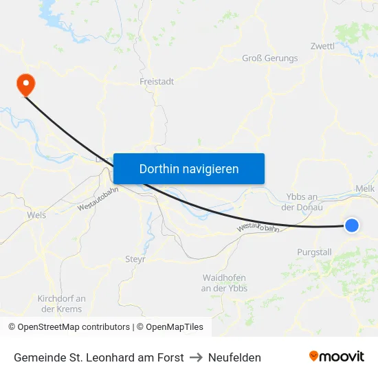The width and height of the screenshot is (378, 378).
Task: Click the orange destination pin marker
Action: [26, 85]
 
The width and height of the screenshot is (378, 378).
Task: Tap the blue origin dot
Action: [351, 225]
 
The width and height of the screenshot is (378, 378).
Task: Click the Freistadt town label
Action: [157, 81]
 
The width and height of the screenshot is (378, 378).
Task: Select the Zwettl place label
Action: [322, 46]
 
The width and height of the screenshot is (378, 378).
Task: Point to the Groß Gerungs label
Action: [270, 58]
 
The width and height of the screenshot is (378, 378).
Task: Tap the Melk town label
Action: [365, 188]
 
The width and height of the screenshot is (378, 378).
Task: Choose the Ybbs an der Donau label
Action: [302, 202]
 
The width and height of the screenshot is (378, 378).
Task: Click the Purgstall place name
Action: [314, 252]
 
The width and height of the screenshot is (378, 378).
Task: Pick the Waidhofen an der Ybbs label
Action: [225, 283]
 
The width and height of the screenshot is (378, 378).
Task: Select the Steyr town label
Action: [135, 259]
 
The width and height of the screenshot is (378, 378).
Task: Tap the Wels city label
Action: [36, 215]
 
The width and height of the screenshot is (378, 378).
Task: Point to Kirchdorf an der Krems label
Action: [62, 304]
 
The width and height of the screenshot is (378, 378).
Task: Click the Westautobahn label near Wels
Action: [93, 200]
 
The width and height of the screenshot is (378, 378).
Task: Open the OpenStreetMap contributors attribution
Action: [69, 327]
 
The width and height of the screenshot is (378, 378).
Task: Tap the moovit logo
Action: [337, 357]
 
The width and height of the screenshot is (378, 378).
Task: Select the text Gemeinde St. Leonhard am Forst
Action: [99, 357]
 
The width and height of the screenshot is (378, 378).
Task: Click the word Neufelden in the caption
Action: [234, 357]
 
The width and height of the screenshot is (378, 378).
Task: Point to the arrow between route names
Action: [196, 357]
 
